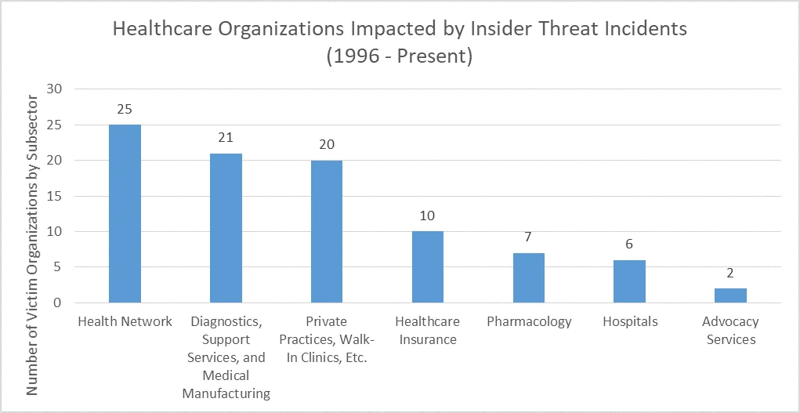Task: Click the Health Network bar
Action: (125, 213)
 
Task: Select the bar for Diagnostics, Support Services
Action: (226, 228)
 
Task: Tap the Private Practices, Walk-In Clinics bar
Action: (327, 231)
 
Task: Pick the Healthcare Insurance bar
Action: (428, 267)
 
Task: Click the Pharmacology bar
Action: (529, 277)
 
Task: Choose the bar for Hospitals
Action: (630, 281)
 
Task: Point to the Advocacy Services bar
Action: (730, 295)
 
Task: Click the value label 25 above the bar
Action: (125, 109)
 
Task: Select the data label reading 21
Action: (226, 138)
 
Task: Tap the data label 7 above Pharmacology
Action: (529, 237)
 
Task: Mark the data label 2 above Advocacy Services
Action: (730, 274)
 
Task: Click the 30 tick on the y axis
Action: (54, 89)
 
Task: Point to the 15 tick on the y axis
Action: (54, 196)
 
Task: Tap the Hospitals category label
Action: (630, 322)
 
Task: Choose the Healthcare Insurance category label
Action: (428, 331)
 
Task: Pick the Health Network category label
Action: (125, 322)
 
